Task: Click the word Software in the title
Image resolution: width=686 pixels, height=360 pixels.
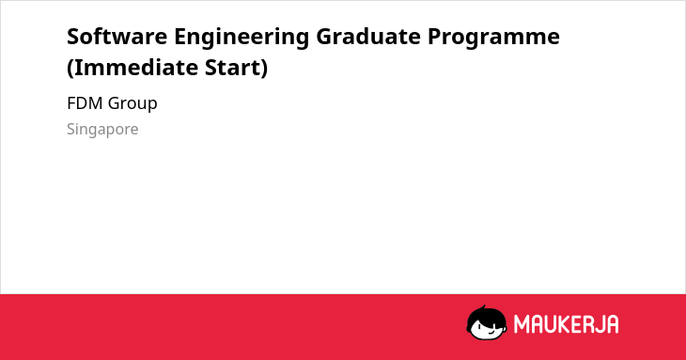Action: click(x=117, y=36)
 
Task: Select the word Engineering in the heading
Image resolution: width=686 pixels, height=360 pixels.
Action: click(x=242, y=38)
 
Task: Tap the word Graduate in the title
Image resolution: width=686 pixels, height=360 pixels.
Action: click(x=368, y=36)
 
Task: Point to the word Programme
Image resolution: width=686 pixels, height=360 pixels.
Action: click(x=493, y=38)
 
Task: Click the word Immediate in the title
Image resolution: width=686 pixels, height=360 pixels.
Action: click(x=135, y=68)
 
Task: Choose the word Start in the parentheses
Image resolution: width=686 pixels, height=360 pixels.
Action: click(x=233, y=68)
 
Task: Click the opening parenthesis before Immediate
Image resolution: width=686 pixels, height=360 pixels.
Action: click(x=70, y=69)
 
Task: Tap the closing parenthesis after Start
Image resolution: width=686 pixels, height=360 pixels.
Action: click(x=264, y=69)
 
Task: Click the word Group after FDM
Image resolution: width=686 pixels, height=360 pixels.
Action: click(x=133, y=104)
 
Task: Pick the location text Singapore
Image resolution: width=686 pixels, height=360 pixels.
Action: click(x=102, y=130)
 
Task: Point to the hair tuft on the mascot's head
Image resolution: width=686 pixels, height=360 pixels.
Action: click(x=483, y=308)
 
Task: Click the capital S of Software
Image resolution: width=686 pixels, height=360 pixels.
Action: click(x=73, y=37)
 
